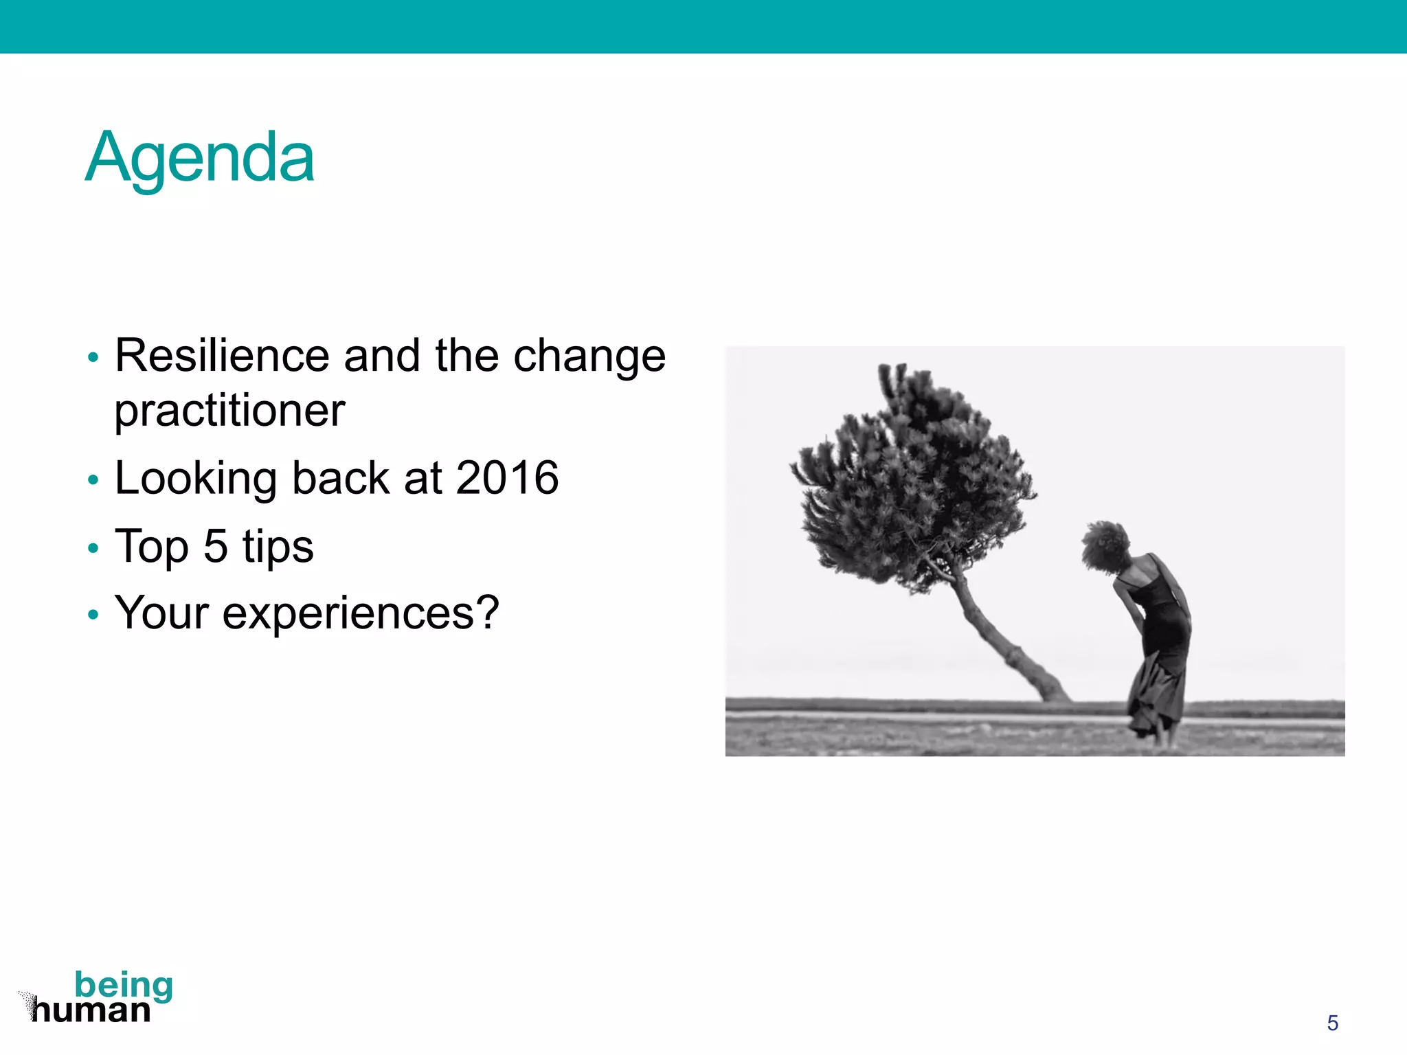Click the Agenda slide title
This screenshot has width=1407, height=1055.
pos(199,158)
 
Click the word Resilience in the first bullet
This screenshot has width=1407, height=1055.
pos(221,356)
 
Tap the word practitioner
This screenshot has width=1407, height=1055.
pos(229,411)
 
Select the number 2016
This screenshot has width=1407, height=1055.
pos(507,477)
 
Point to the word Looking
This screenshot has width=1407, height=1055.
pos(195,479)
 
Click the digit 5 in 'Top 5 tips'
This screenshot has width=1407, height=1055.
pos(215,546)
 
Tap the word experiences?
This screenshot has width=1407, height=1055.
pos(361,613)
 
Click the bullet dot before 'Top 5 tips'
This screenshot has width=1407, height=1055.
pos(93,548)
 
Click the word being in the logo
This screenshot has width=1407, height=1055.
pos(124,985)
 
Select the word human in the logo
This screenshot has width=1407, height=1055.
pos(91,1010)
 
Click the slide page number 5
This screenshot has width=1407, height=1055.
pos(1332,1023)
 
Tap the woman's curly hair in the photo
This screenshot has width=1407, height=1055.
pos(1104,545)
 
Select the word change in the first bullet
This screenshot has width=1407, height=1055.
pos(589,357)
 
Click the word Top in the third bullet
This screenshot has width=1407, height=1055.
pos(151,546)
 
